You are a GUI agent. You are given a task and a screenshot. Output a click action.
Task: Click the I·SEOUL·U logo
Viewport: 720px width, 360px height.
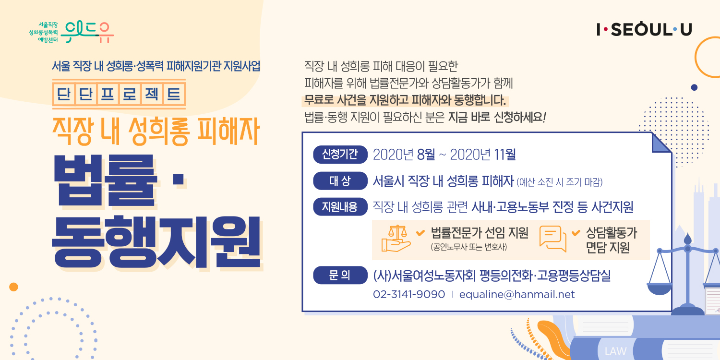644,29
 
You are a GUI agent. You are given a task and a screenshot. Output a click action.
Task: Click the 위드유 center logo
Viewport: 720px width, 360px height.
71,33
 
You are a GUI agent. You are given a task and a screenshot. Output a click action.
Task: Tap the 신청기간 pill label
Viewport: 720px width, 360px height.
340,155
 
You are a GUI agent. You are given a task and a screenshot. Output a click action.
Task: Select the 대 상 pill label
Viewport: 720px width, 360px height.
340,180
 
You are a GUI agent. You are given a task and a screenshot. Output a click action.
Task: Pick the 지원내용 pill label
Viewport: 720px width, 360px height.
340,207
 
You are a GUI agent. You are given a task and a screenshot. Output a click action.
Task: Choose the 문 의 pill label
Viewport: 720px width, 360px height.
340,275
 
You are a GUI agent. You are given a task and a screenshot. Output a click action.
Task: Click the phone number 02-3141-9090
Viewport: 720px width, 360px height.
409,294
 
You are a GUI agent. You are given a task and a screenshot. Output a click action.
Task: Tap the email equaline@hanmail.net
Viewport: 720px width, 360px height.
517,294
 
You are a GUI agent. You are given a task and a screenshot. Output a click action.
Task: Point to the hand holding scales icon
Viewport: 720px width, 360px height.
396,239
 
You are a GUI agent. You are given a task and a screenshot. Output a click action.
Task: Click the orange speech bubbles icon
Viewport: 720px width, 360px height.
553,239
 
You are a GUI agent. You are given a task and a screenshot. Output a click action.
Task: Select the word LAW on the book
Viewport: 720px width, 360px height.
615,351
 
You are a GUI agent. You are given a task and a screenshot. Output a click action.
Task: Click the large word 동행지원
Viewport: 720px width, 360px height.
156,242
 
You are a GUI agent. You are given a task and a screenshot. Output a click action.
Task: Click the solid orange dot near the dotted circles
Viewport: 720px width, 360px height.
13,287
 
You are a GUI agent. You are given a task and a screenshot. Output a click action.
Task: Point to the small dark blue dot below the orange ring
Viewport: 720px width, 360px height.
694,87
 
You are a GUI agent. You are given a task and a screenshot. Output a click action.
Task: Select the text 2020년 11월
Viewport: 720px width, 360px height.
483,155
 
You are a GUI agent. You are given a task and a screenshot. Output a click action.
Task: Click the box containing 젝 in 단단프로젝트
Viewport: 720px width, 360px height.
152,94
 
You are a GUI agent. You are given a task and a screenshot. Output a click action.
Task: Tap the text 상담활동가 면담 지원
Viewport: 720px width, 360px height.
611,240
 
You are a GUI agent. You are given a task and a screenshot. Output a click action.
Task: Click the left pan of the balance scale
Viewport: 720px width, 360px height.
659,288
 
